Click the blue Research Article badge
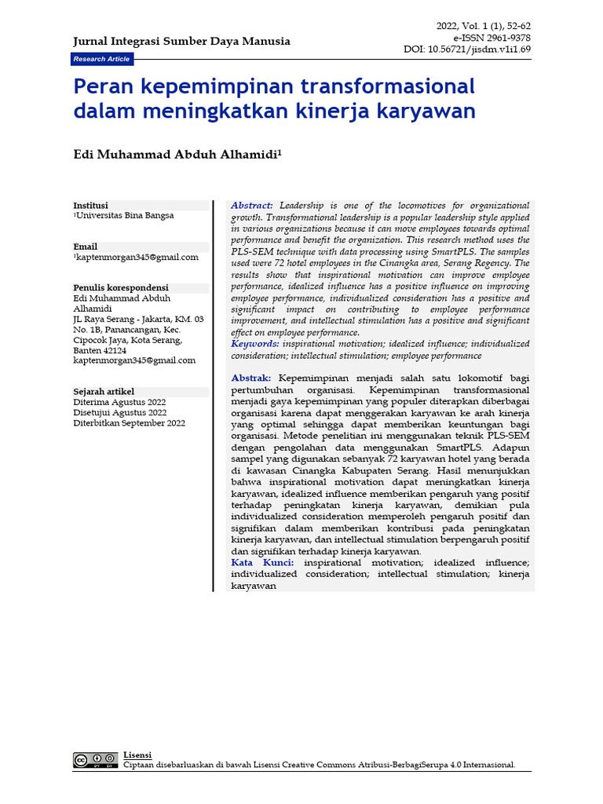point(102,60)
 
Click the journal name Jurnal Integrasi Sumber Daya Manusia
point(181,41)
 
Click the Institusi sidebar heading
point(91,205)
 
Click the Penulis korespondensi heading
point(121,288)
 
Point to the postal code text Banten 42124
point(100,350)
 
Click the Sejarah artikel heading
point(104,392)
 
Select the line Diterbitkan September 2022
point(130,423)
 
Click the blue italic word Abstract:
point(252,205)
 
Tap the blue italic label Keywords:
point(255,344)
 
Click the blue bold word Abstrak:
point(251,378)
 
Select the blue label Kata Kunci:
point(263,563)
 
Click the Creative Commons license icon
point(96,760)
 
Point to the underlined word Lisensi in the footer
point(138,755)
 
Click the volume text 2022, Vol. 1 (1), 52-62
point(484,27)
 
